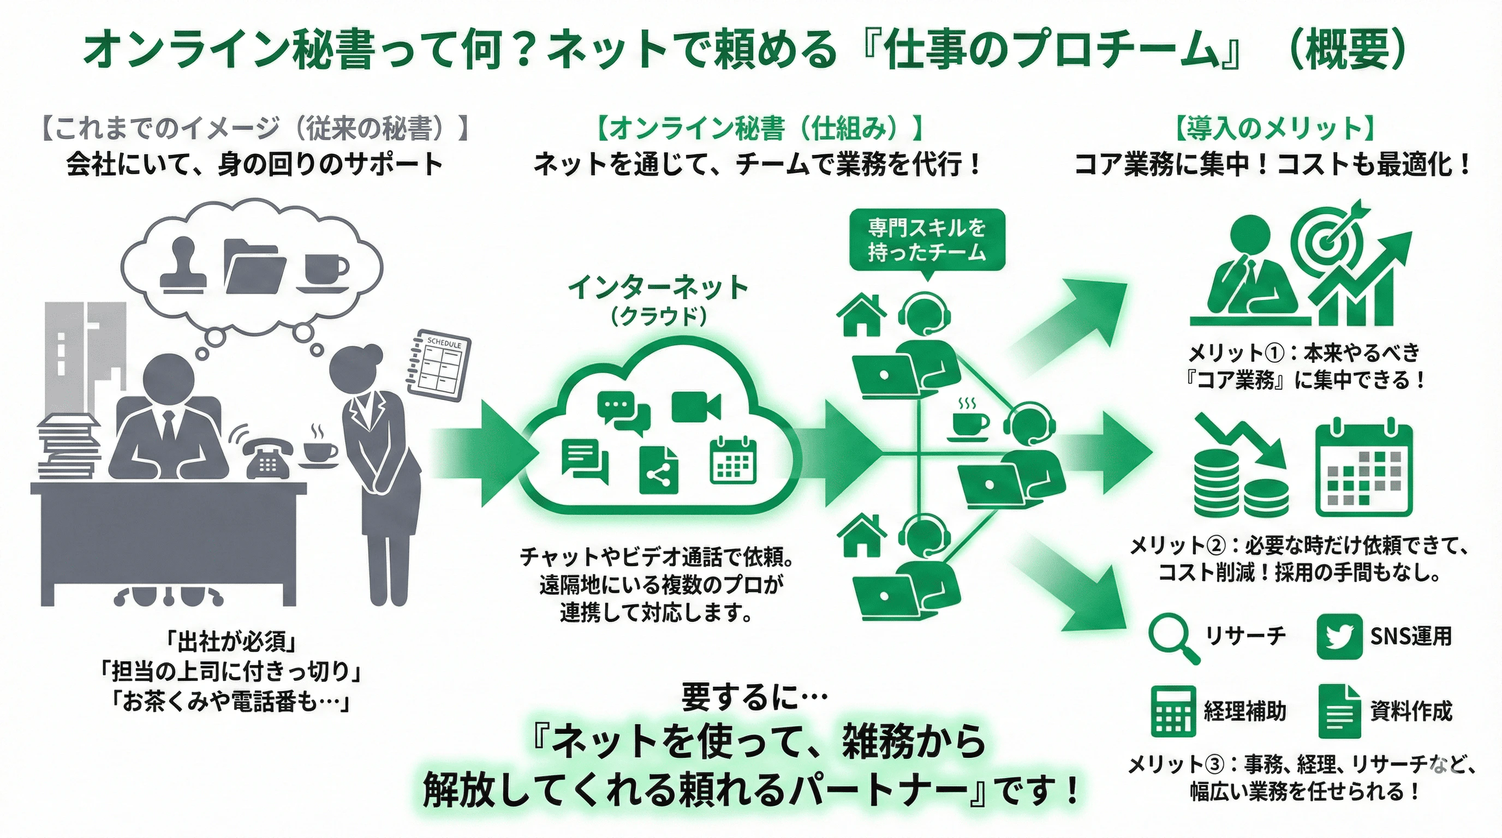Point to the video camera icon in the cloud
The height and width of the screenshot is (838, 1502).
pos(696,406)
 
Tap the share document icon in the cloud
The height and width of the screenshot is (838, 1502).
pos(659,470)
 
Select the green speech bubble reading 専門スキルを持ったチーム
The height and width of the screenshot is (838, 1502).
pos(927,240)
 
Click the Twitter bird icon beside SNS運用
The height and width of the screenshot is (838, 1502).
pos(1339,636)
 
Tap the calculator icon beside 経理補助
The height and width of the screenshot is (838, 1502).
pos(1173,711)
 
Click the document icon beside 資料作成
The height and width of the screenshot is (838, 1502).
pos(1339,711)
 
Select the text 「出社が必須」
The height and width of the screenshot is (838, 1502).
pos(231,642)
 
